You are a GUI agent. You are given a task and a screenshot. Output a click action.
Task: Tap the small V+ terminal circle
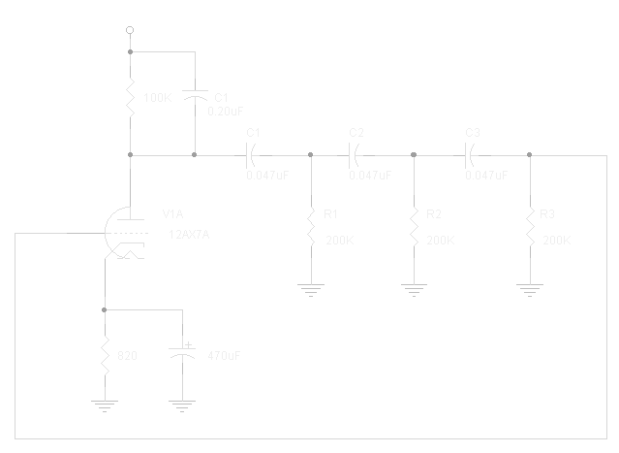129,29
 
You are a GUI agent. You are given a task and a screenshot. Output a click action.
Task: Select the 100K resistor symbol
130,99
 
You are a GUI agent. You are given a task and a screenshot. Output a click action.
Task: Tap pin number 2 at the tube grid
92,228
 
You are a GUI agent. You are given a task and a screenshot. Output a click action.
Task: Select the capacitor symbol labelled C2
356,154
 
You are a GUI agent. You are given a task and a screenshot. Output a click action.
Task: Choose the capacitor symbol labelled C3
472,154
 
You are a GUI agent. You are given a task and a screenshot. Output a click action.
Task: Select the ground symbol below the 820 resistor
105,406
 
